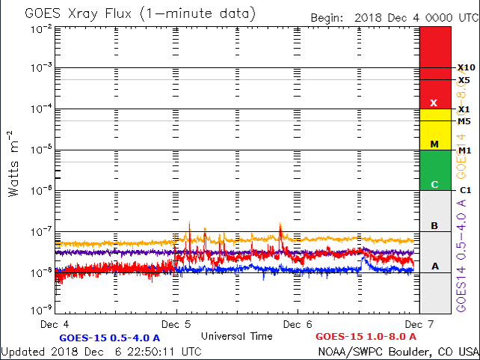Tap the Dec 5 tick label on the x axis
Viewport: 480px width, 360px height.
[x=176, y=325]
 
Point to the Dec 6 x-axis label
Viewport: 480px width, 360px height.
[x=298, y=325]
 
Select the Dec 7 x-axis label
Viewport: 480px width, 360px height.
[x=416, y=325]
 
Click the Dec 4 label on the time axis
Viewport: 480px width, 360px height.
[x=56, y=325]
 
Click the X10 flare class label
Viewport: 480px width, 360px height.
[x=466, y=67]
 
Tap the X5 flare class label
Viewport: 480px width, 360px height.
[x=464, y=80]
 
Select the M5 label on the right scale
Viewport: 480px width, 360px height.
[x=464, y=121]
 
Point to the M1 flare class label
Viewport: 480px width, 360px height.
[x=464, y=150]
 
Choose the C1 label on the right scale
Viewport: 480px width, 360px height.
[x=464, y=191]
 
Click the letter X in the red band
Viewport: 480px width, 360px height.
[x=434, y=103]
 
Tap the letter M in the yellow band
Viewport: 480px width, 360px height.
[x=434, y=144]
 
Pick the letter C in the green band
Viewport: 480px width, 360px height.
[x=434, y=184]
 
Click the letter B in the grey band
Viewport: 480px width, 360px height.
[x=434, y=225]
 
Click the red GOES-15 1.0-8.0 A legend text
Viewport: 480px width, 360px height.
[x=366, y=337]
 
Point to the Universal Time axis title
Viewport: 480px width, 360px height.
[x=236, y=336]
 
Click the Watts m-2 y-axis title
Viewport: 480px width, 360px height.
[x=14, y=163]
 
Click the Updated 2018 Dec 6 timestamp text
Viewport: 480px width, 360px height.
[x=101, y=351]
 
